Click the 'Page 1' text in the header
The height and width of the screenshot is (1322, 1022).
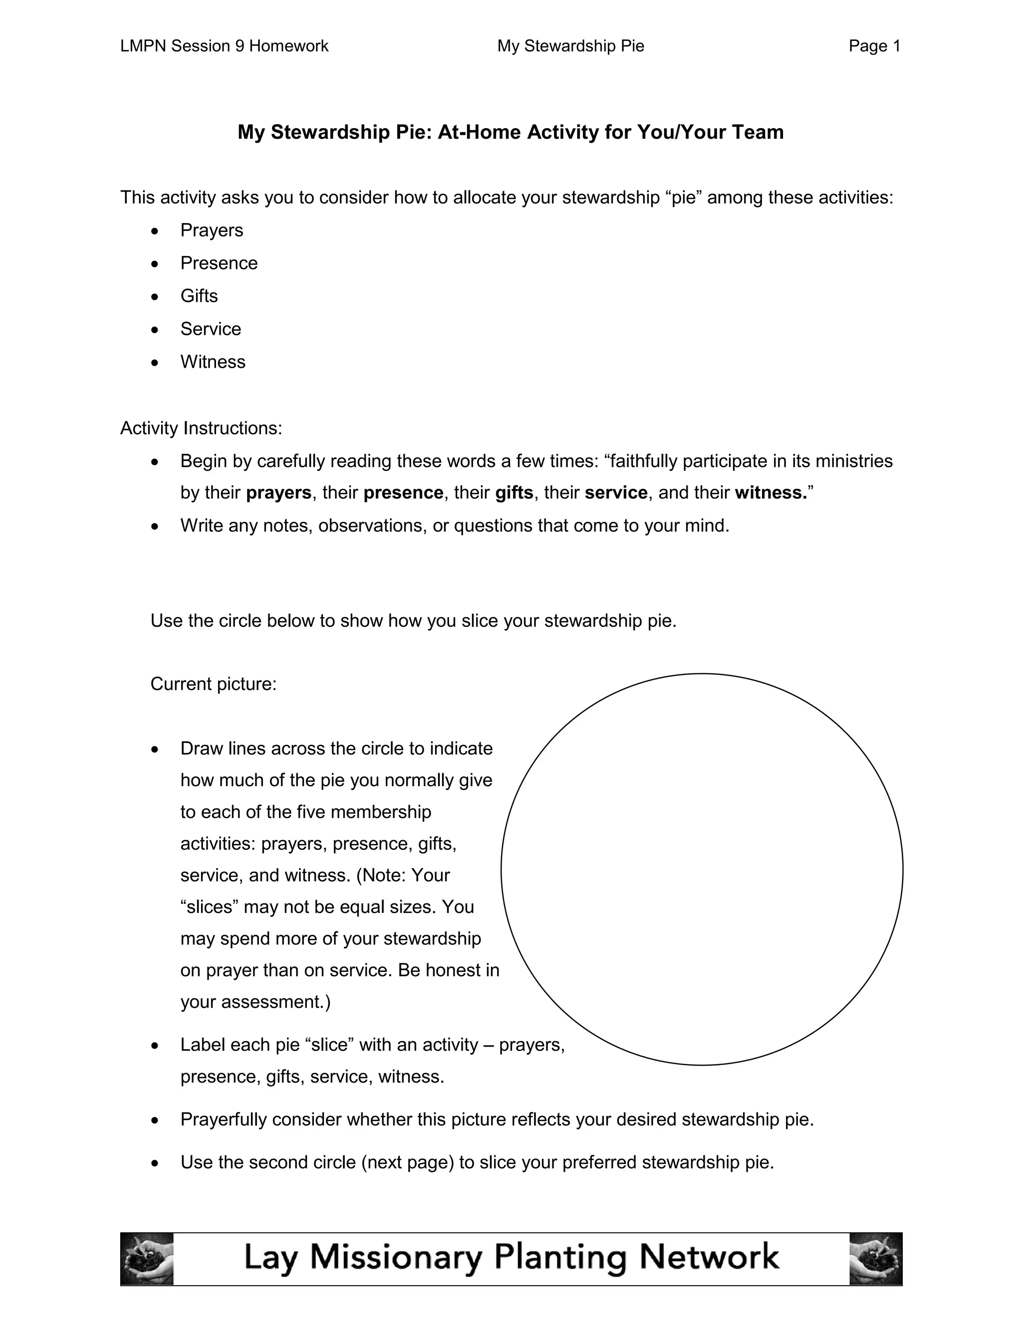[x=874, y=46]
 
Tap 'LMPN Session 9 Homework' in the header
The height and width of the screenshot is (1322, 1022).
[x=224, y=46]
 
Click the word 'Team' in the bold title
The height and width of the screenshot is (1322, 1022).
[x=758, y=132]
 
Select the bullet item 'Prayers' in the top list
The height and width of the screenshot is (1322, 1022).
[x=211, y=230]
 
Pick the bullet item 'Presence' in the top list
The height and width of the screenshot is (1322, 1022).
[x=219, y=263]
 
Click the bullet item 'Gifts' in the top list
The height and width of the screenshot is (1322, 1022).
[x=199, y=296]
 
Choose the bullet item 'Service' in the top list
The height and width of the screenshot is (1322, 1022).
[x=210, y=329]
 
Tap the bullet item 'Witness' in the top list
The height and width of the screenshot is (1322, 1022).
[x=213, y=362]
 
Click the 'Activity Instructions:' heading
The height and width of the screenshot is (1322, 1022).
[x=201, y=429]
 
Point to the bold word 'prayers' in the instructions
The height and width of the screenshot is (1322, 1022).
[x=278, y=493]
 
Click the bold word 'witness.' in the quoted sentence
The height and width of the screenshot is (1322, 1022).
[x=770, y=493]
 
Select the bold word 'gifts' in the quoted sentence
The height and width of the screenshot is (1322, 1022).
[x=514, y=493]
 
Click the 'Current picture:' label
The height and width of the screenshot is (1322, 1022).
[x=213, y=684]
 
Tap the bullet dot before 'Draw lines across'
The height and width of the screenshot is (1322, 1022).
[x=156, y=749]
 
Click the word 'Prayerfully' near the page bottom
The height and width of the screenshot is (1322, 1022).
[x=224, y=1120]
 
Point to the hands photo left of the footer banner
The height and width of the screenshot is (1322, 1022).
[x=147, y=1259]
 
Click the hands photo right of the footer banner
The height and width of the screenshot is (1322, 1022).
[x=875, y=1259]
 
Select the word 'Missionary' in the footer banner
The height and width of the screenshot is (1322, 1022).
[x=396, y=1257]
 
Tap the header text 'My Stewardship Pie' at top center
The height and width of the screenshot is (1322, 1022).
[x=570, y=46]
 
